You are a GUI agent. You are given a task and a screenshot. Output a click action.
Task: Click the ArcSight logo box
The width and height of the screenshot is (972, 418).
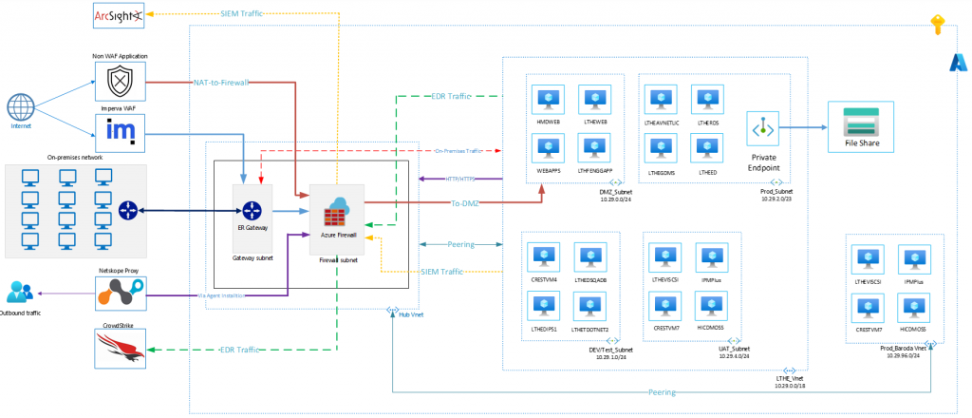118,15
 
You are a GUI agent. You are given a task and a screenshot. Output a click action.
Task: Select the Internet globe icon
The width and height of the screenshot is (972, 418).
21,106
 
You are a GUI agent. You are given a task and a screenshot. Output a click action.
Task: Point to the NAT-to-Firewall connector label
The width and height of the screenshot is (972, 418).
220,83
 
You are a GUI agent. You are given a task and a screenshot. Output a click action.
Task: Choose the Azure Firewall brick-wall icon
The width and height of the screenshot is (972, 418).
338,209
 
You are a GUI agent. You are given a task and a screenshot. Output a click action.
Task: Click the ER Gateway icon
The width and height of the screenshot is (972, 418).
252,210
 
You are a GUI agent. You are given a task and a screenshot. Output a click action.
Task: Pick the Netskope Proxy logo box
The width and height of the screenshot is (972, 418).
121,295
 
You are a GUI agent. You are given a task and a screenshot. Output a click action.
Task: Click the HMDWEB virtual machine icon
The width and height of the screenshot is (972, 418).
548,100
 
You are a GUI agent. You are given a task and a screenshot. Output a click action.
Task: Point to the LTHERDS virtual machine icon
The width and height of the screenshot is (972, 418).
707,100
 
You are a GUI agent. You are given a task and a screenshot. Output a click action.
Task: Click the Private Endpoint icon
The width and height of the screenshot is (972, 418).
764,127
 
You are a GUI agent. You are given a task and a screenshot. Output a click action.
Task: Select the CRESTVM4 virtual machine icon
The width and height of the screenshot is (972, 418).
545,257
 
